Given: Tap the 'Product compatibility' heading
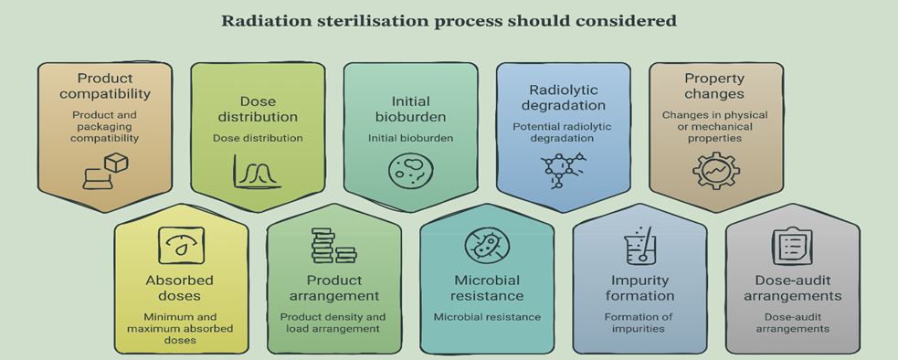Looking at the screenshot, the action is [x=105, y=85].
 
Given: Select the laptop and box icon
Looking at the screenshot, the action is [x=105, y=171].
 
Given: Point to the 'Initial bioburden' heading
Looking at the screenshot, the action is [x=410, y=109].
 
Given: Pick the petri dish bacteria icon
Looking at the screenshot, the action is [x=410, y=171].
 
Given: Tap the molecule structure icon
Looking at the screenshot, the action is [x=564, y=171].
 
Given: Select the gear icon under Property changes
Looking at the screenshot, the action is [x=716, y=171].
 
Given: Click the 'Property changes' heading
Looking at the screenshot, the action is [x=714, y=85].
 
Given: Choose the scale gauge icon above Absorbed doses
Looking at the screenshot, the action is [x=181, y=246].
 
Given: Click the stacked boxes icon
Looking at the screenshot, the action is [x=333, y=246].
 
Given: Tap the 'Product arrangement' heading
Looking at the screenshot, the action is [x=334, y=288].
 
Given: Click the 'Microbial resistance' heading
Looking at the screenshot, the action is [x=487, y=288].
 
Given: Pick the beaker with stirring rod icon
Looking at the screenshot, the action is [x=639, y=245].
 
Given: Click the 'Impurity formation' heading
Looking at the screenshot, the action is [x=640, y=288].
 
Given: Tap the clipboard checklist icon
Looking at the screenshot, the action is [x=792, y=246].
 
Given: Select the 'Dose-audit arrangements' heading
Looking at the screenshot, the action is [x=793, y=288].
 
